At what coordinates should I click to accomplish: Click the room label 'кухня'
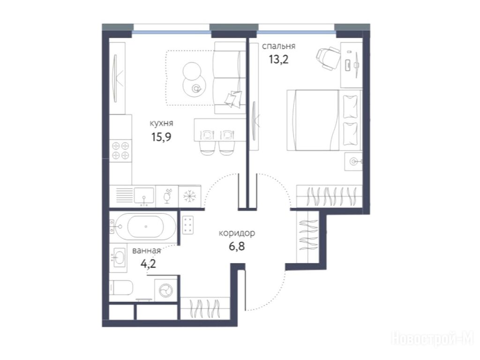pyautogui.click(x=161, y=123)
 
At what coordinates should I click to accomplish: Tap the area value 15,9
pyautogui.click(x=161, y=136)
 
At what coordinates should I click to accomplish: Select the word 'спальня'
pyautogui.click(x=278, y=46)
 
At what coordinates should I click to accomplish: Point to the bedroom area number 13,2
pyautogui.click(x=278, y=59)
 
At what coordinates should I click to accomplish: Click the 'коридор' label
pyautogui.click(x=237, y=233)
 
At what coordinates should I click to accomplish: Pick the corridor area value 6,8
pyautogui.click(x=237, y=246)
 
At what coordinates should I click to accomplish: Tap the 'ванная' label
pyautogui.click(x=146, y=251)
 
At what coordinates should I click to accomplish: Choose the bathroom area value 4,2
pyautogui.click(x=148, y=263)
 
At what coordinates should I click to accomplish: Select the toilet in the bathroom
pyautogui.click(x=121, y=288)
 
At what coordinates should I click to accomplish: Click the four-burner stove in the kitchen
pyautogui.click(x=120, y=150)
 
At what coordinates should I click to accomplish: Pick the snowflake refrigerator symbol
pyautogui.click(x=190, y=196)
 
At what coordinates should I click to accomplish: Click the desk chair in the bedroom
pyautogui.click(x=328, y=59)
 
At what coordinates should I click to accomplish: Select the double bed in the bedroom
pyautogui.click(x=324, y=120)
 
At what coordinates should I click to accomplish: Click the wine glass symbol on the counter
pyautogui.click(x=167, y=196)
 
